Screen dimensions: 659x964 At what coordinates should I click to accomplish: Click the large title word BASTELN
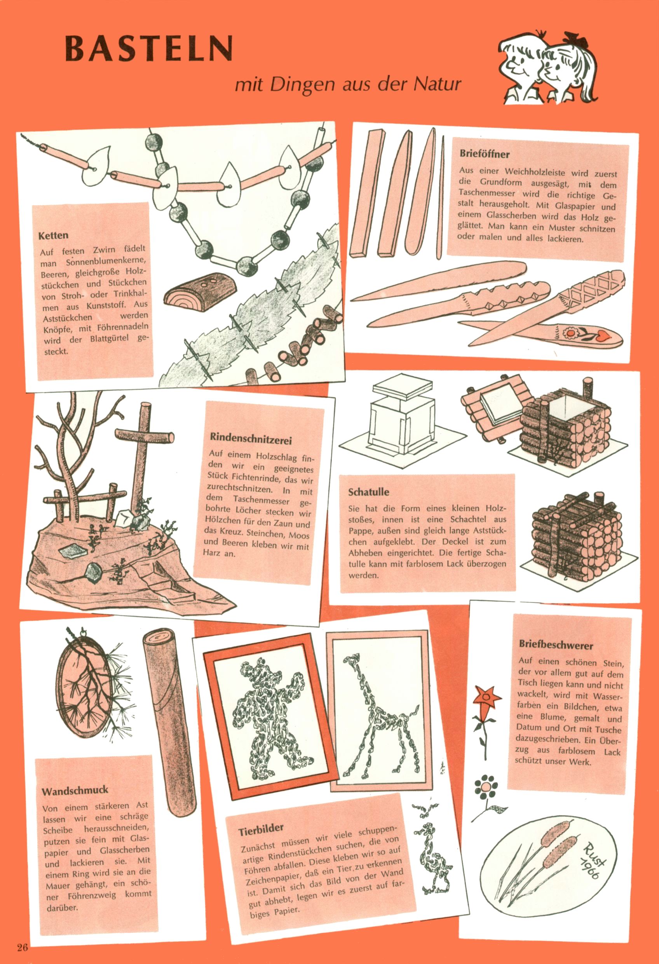tap(148, 48)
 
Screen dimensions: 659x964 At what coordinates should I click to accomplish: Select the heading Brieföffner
tap(485, 154)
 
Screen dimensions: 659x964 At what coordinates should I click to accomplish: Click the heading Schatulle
tap(369, 492)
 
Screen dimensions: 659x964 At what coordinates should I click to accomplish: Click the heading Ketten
tap(53, 236)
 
